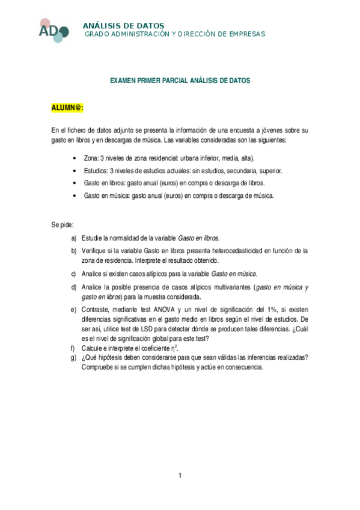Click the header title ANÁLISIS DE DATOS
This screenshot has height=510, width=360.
click(123, 26)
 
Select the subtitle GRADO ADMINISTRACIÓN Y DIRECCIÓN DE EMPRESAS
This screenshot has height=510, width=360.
click(174, 34)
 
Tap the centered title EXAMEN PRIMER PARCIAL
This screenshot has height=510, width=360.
click(180, 80)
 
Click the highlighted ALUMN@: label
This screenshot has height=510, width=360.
click(67, 107)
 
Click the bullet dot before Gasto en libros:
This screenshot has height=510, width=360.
click(73, 183)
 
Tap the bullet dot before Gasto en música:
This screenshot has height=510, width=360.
click(73, 195)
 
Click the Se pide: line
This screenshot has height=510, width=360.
click(63, 226)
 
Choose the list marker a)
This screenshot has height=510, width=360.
click(74, 238)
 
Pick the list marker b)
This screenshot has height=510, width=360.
click(74, 250)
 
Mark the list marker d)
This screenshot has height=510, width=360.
click(74, 287)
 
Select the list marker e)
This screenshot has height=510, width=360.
click(74, 310)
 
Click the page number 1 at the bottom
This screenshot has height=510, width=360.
click(180, 476)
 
